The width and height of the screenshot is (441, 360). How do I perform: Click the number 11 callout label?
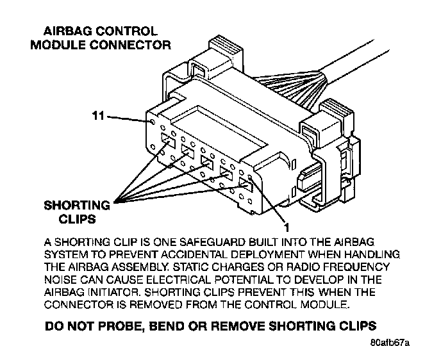(97, 117)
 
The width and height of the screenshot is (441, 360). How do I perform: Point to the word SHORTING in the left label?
(77, 206)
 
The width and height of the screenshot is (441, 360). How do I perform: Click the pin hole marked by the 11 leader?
(153, 121)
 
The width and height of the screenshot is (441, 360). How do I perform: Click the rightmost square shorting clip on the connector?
(244, 186)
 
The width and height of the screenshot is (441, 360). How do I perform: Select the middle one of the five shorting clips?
(206, 162)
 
